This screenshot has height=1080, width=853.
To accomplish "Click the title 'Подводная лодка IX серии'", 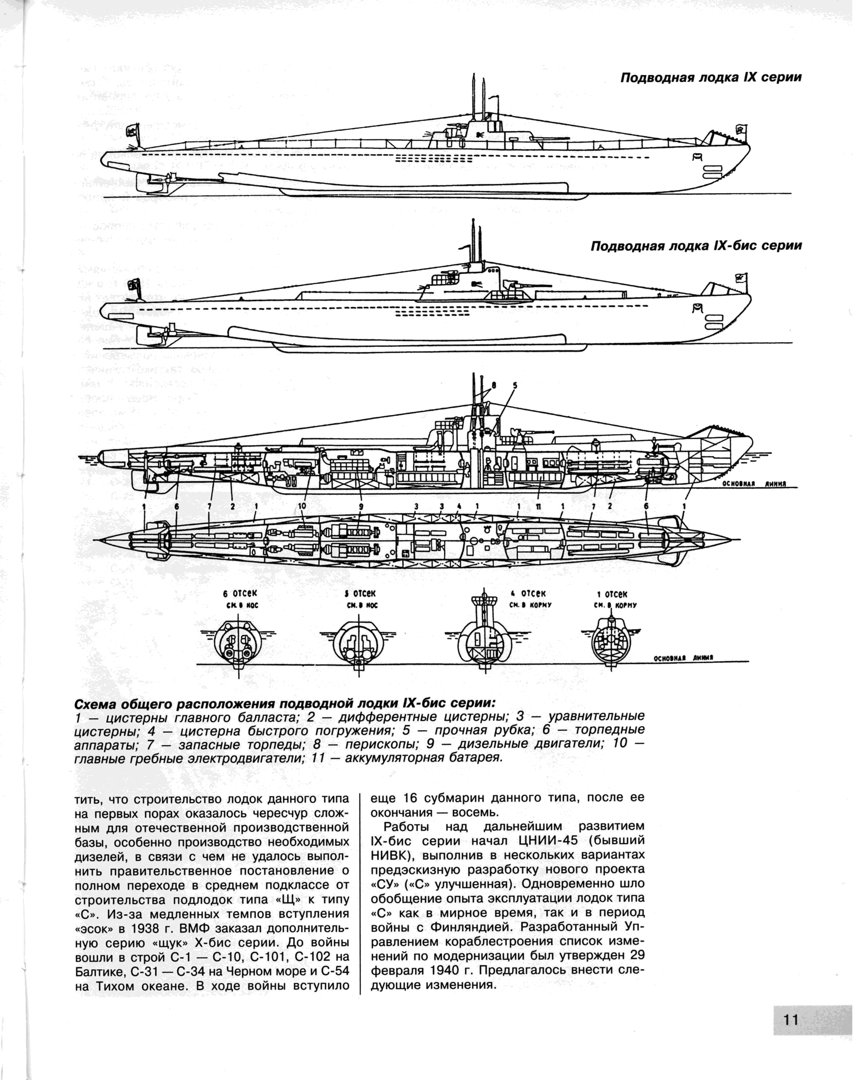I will pos(711,78).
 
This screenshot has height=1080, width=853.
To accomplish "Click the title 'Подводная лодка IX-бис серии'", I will pos(696,246).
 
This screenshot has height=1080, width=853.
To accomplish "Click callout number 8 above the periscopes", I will pos(494,385).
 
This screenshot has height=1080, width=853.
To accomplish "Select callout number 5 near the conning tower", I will pos(515,385).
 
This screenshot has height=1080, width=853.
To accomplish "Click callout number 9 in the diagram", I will pos(361,506).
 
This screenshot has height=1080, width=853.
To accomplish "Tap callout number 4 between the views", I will pos(459,506).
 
